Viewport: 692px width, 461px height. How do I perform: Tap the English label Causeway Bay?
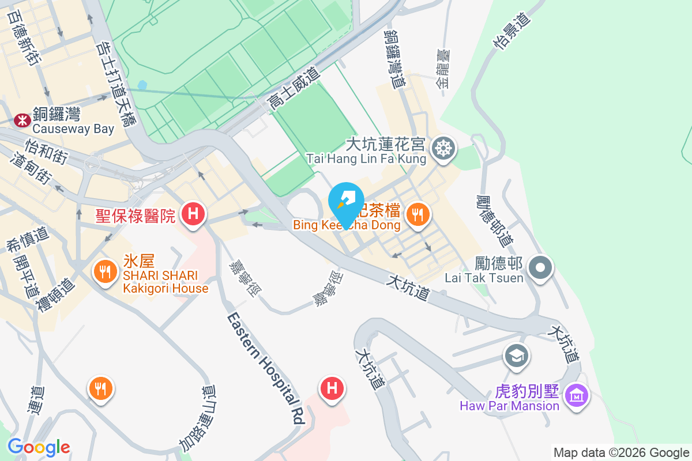[x=73, y=129]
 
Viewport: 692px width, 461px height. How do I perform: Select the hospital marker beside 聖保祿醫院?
[x=193, y=214]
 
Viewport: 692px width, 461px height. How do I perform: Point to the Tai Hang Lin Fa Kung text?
[x=366, y=157]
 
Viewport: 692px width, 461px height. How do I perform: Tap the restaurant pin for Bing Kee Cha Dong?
[x=416, y=215]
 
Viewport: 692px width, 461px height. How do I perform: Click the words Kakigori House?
[x=166, y=288]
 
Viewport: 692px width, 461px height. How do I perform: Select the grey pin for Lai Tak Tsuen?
[x=540, y=268]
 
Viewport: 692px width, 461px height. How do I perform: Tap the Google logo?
[x=39, y=447]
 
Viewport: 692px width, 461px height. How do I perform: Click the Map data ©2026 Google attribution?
[x=622, y=452]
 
